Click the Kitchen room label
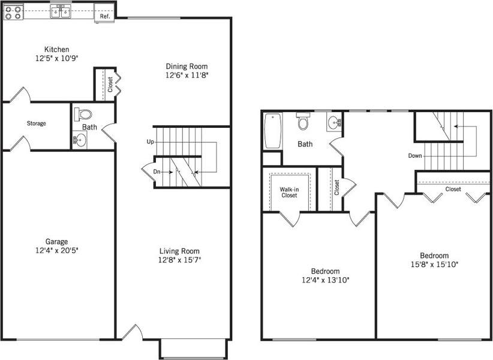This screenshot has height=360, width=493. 56,49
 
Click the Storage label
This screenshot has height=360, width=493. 36,124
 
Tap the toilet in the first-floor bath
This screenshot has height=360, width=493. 83,114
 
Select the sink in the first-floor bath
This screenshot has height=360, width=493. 80,140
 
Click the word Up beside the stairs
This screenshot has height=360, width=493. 150,142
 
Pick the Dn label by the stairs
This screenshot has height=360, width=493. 157,172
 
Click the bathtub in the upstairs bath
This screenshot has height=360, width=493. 272,131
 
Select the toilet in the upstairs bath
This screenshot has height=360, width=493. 303,122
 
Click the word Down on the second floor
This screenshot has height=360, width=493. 414,155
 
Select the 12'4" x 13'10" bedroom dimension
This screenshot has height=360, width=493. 326,280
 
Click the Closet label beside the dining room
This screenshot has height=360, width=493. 110,85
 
